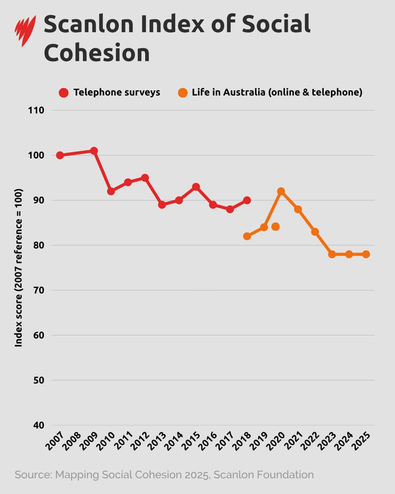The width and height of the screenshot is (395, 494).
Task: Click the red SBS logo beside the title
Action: coord(25,30)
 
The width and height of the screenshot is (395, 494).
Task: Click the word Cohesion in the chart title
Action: coord(97,53)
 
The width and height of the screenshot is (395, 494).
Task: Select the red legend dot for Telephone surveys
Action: coord(64,93)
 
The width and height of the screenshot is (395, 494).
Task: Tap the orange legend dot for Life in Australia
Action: coord(183,93)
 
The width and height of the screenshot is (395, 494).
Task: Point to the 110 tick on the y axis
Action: coord(36,111)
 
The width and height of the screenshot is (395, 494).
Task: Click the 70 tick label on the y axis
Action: coord(37,291)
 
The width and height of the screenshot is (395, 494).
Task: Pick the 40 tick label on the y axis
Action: coord(37,425)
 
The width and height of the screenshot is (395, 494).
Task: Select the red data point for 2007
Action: coord(60,156)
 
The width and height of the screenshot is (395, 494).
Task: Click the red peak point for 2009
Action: coord(94,151)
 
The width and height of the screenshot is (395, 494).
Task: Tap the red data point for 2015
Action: coord(196,187)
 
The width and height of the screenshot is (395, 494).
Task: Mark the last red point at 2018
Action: coord(247,201)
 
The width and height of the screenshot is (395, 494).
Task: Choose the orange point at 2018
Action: coord(247,236)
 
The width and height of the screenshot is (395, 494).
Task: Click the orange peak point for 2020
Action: coord(281,191)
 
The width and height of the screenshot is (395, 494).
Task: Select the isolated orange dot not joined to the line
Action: coord(275,227)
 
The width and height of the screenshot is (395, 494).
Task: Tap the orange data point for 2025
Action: coord(366,254)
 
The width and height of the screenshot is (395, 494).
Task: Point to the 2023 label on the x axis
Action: coord(327,441)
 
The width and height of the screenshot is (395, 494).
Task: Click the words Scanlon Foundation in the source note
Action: coord(263,475)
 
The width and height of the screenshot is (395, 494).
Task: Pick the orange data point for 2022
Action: coord(315,232)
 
